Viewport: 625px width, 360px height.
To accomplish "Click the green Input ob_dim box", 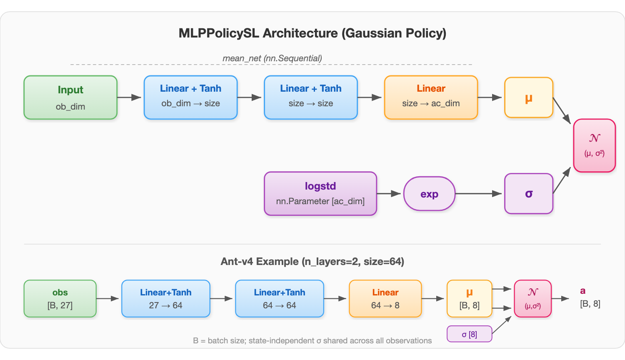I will point(70,97).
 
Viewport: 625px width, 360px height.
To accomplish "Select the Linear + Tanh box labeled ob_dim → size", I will point(190,97).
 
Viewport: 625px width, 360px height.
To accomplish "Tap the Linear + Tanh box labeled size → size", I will point(311,97).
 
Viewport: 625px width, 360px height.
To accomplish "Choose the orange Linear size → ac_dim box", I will point(431,97).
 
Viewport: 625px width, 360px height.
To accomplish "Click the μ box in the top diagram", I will point(528,97).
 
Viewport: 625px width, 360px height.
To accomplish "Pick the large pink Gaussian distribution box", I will point(594,145).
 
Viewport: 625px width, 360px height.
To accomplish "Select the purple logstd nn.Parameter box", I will point(320,193).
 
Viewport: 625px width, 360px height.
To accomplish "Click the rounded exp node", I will point(429,194).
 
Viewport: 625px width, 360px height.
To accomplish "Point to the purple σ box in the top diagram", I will point(528,194).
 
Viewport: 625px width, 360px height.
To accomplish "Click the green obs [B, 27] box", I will point(60,298).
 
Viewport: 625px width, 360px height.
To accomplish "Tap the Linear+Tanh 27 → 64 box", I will point(165,298).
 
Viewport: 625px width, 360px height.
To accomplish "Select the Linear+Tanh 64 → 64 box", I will point(279,298).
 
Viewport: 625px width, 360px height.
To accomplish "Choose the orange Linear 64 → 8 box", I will point(385,298).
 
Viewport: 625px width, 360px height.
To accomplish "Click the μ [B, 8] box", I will point(469,298).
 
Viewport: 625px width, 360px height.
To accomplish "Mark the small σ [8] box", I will point(469,334).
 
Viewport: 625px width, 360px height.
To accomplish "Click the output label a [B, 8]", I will point(590,297).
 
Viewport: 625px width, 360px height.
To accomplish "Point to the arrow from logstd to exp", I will point(389,194).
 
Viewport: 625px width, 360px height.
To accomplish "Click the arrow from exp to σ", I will point(478,194).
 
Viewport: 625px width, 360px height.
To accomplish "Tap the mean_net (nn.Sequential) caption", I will point(272,58).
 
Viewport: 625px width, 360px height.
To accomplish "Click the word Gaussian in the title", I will point(368,33).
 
